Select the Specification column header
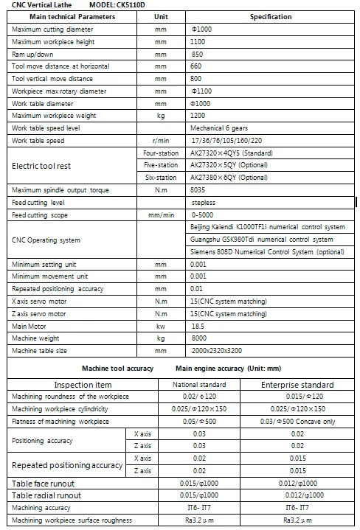point(270,16)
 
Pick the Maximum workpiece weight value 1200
point(197,116)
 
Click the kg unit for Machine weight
point(160,338)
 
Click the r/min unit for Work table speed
point(160,140)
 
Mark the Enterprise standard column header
point(297,385)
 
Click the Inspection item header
point(83,385)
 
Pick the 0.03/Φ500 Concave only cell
point(297,421)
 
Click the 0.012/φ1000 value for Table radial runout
point(297,495)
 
